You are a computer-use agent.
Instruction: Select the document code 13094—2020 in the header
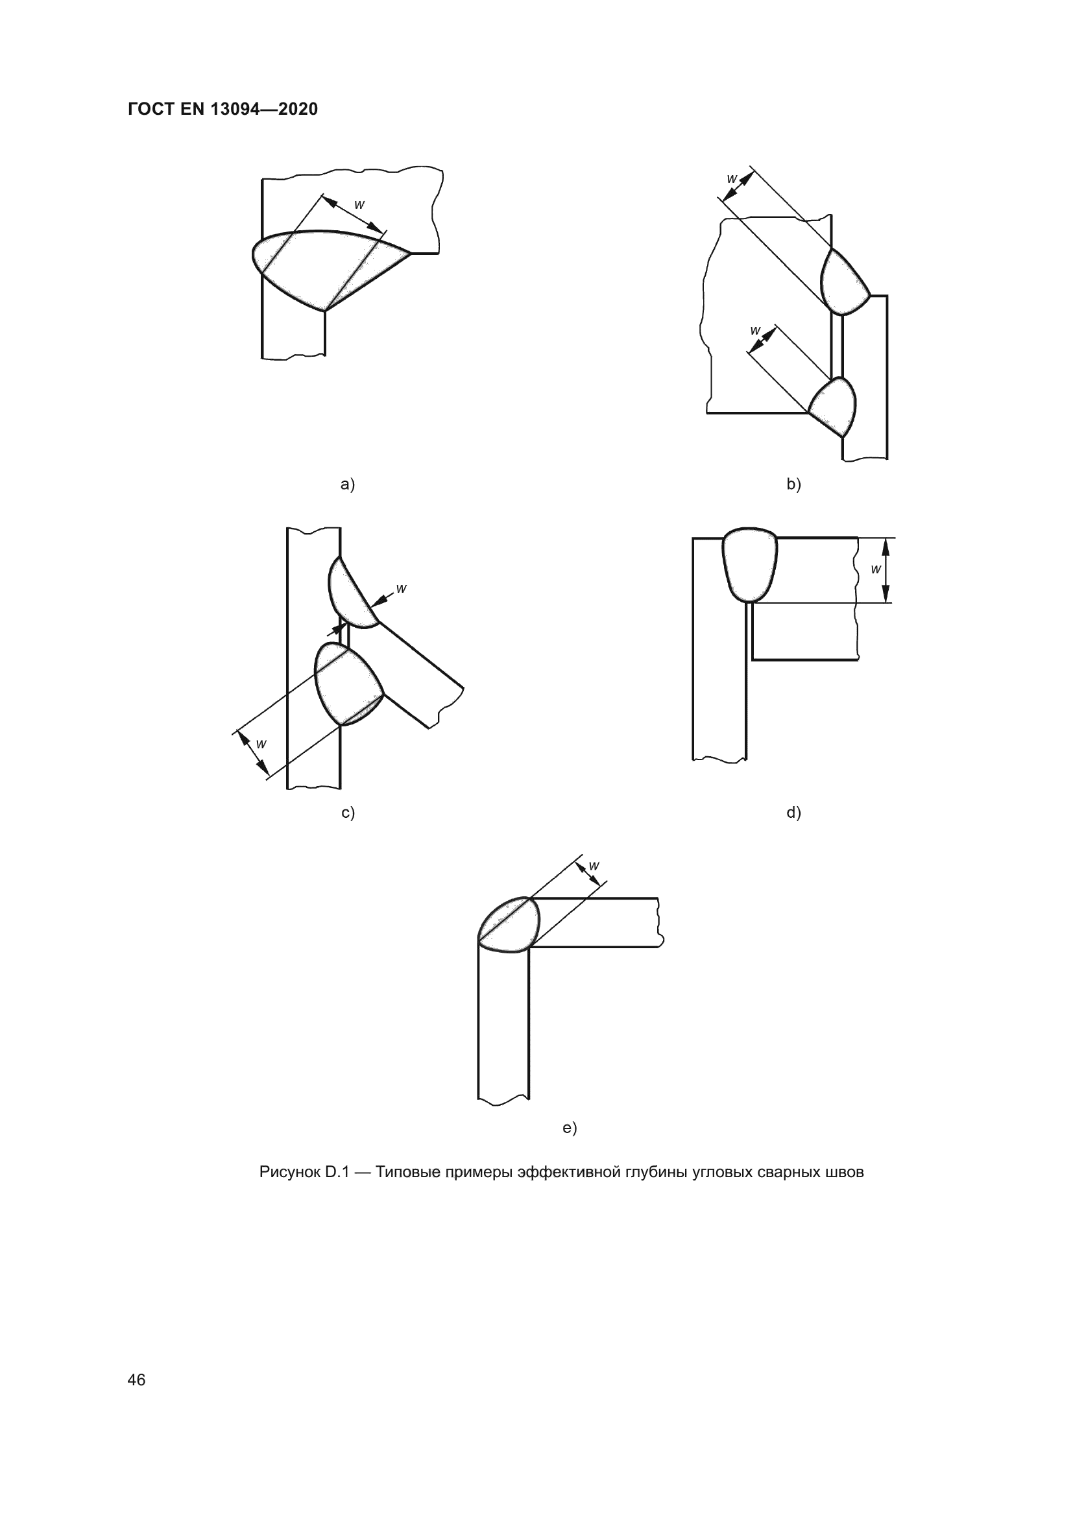point(264,109)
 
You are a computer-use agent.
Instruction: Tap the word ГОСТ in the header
point(151,109)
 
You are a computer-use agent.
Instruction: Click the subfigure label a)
point(348,484)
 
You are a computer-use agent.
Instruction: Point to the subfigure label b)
point(793,484)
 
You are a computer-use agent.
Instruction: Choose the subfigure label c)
point(348,812)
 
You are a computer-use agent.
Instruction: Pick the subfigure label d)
point(793,812)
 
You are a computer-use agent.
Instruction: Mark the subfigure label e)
point(570,1127)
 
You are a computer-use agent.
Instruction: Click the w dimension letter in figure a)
point(359,205)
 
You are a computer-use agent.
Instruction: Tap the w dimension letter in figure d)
point(875,569)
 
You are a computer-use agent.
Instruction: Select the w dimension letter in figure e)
point(594,865)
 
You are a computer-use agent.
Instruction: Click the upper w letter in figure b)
point(732,178)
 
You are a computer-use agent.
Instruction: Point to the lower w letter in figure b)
point(756,330)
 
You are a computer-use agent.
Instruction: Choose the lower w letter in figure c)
point(261,744)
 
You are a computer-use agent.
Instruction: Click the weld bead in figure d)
point(750,566)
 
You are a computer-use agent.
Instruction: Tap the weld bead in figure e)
point(509,924)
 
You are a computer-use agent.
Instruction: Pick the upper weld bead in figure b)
point(843,283)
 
